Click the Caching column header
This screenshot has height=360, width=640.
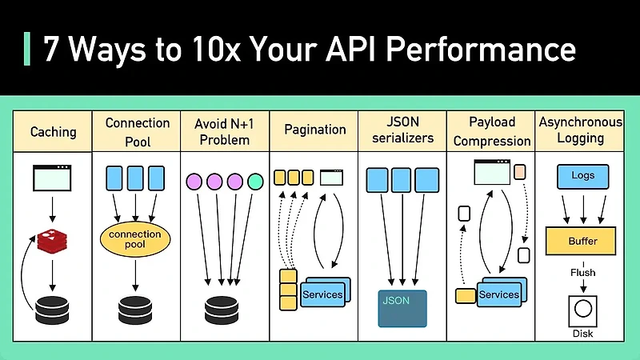(x=53, y=131)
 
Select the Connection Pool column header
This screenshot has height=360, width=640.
(x=138, y=131)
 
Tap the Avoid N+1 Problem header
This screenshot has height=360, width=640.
(x=224, y=131)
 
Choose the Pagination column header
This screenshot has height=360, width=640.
(x=316, y=130)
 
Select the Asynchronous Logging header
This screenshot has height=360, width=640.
(x=580, y=130)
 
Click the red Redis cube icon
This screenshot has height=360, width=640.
(x=53, y=238)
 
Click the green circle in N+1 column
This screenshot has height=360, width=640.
(x=254, y=182)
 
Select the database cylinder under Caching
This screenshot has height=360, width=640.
(x=53, y=309)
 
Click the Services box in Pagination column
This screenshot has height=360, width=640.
(x=322, y=293)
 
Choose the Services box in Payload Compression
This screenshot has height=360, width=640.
(x=498, y=293)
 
